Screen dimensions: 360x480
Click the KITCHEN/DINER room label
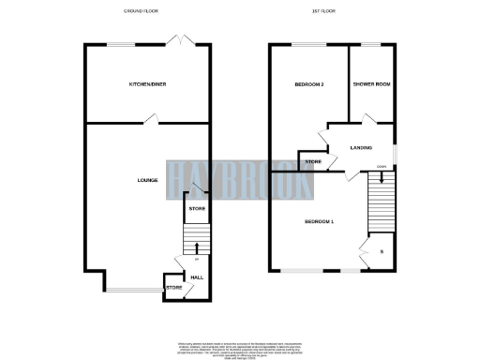click(x=147, y=85)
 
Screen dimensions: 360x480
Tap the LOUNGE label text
click(x=147, y=180)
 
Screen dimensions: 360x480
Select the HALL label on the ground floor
click(x=197, y=277)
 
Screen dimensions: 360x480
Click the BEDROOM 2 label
click(x=309, y=85)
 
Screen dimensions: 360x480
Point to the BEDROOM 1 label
click(x=319, y=221)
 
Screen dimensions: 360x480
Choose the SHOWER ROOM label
click(x=369, y=85)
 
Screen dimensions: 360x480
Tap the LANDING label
click(x=361, y=147)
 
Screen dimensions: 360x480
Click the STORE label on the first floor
click(x=312, y=163)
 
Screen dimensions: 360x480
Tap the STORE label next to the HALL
click(x=173, y=287)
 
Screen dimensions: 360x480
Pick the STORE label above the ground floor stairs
click(x=197, y=208)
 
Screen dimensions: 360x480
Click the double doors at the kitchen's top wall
click(x=177, y=40)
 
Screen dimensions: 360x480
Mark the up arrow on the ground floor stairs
click(x=197, y=248)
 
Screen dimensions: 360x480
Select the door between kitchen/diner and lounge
click(x=150, y=119)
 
